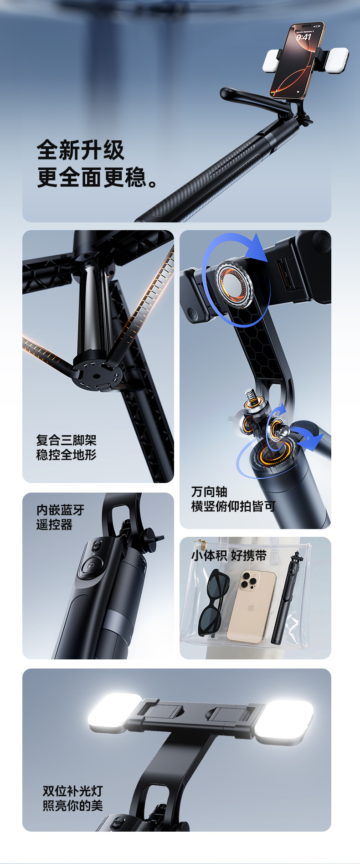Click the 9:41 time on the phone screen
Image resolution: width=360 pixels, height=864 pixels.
[303, 36]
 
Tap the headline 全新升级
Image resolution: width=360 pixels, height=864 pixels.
[81, 150]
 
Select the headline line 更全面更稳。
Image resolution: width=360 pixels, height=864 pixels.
[98, 177]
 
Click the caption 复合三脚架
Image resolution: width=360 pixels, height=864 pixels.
[67, 440]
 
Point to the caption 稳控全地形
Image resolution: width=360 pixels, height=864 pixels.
[67, 455]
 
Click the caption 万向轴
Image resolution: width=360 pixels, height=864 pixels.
[209, 492]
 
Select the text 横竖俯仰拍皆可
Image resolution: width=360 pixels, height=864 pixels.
[233, 506]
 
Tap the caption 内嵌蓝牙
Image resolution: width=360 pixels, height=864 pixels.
[61, 510]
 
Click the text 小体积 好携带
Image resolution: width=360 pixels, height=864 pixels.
[229, 555]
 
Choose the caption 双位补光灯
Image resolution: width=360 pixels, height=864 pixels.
[73, 791]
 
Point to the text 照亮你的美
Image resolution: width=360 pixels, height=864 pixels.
[73, 806]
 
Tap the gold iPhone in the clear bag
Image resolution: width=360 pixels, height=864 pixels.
[251, 607]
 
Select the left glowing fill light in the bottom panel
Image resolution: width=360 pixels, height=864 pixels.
[115, 714]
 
